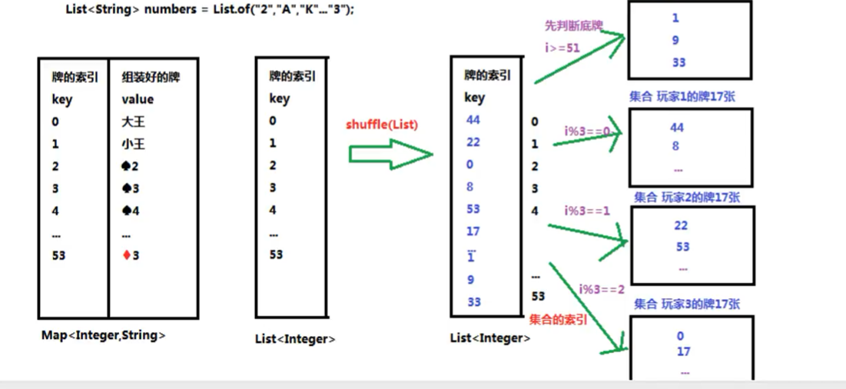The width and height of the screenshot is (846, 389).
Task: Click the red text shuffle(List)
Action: pyautogui.click(x=382, y=125)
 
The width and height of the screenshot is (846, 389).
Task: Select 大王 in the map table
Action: pyautogui.click(x=133, y=121)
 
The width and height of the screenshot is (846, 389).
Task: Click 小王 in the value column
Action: pyautogui.click(x=133, y=144)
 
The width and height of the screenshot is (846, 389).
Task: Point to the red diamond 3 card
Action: pyautogui.click(x=131, y=255)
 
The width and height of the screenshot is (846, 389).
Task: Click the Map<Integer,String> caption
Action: pyautogui.click(x=104, y=335)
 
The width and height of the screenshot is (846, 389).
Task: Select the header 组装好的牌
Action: pyautogui.click(x=151, y=77)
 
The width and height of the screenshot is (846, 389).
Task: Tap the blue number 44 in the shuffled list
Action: pyautogui.click(x=473, y=120)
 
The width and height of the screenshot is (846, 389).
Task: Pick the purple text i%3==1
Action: pyautogui.click(x=587, y=211)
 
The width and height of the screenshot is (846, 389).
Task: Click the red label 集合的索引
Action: pyautogui.click(x=558, y=319)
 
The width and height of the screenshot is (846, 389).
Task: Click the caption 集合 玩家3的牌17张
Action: pyautogui.click(x=688, y=304)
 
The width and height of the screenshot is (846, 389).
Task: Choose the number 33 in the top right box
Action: pyautogui.click(x=678, y=62)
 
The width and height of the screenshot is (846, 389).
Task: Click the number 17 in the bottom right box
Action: pyautogui.click(x=683, y=352)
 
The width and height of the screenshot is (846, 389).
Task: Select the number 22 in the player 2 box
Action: pyautogui.click(x=681, y=225)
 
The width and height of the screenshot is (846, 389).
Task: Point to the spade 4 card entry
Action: pyautogui.click(x=131, y=211)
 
